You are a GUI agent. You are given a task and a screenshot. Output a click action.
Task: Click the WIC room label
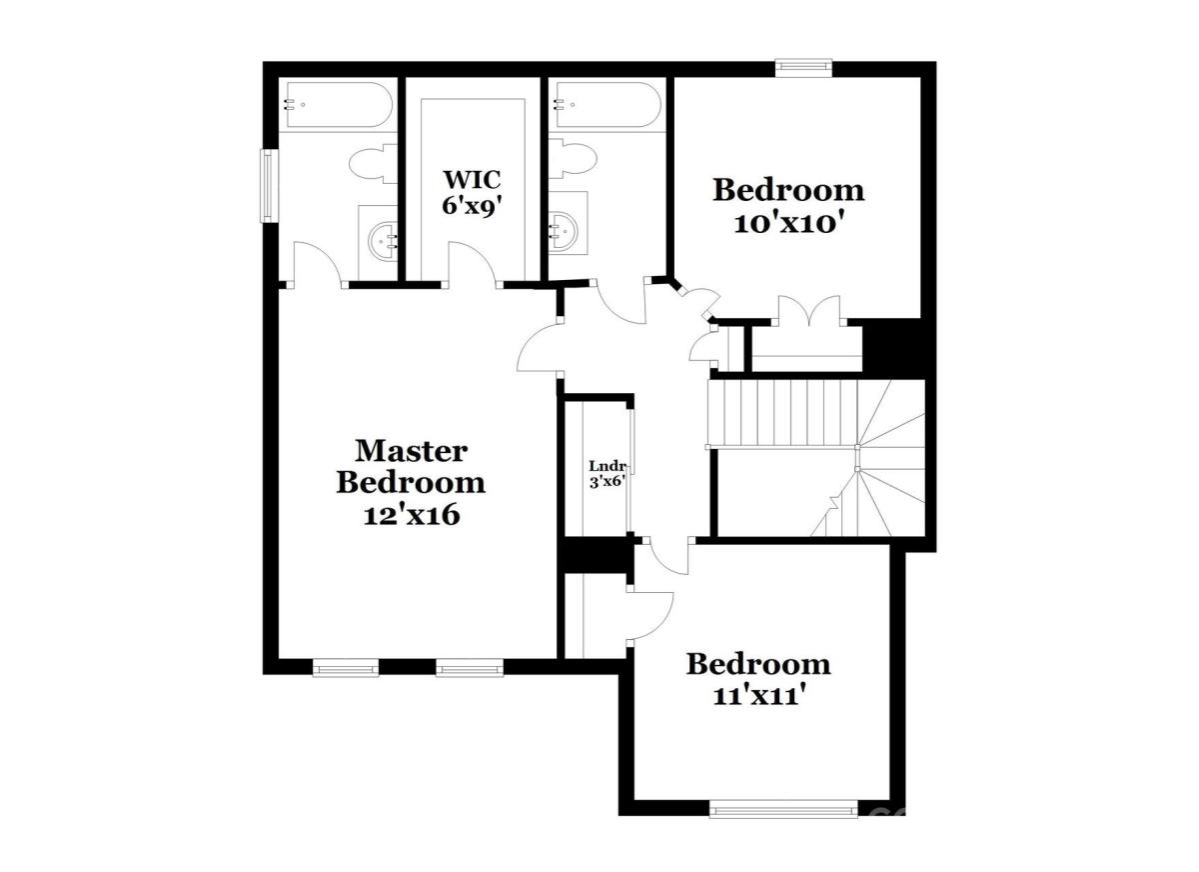point(472,179)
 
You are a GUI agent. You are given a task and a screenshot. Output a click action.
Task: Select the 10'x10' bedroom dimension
point(788,224)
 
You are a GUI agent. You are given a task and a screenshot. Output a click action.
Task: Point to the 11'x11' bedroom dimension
point(759,697)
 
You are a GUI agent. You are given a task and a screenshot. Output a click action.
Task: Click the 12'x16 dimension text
point(412,515)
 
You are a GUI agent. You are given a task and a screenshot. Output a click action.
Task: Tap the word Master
point(411,451)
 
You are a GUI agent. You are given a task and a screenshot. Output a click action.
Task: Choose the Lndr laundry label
point(608,465)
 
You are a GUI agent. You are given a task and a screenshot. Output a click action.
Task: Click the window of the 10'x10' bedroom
point(803,66)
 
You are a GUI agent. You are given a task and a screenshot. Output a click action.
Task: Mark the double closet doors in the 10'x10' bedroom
point(808,310)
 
